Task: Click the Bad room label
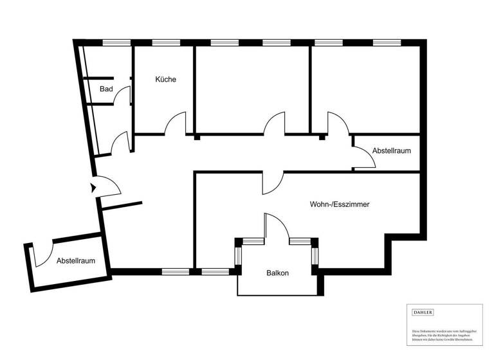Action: coord(106,89)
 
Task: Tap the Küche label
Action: coord(165,80)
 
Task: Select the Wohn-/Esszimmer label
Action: coord(339,204)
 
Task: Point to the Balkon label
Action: coord(277,273)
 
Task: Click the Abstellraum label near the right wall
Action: coord(392,150)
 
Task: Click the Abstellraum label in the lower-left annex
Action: coord(76,261)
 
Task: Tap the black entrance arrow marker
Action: coord(93,188)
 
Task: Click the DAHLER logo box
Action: coord(422,312)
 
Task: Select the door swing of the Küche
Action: coord(176,124)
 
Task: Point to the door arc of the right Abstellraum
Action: coord(364,158)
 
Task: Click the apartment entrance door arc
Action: coord(111,185)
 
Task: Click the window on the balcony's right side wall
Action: coord(315,255)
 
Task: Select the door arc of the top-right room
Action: coord(336,123)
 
